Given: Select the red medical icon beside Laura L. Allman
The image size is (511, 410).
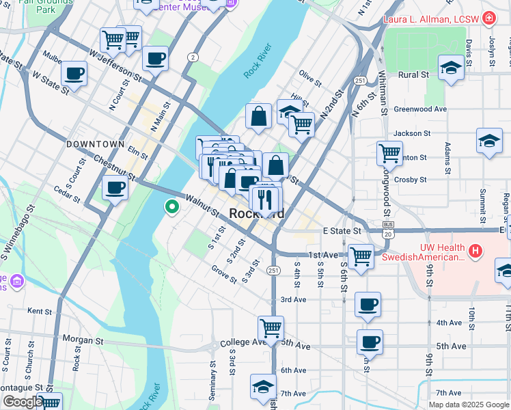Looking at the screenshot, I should pos(489,18).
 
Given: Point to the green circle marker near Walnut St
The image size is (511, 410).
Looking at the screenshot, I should pos(172,206).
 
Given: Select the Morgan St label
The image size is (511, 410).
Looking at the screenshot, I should pos(83,339).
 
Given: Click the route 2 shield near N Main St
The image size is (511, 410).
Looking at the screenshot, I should pos(194,56).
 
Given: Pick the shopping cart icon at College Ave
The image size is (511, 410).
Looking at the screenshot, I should pos(271,328).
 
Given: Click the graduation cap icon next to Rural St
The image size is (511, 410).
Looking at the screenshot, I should pos(450,68).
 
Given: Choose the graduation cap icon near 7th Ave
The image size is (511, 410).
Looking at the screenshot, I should pos(263,386).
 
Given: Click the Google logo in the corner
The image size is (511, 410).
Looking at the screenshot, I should pos(23,402).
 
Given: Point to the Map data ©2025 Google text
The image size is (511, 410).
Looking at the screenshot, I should pos(468,405).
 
